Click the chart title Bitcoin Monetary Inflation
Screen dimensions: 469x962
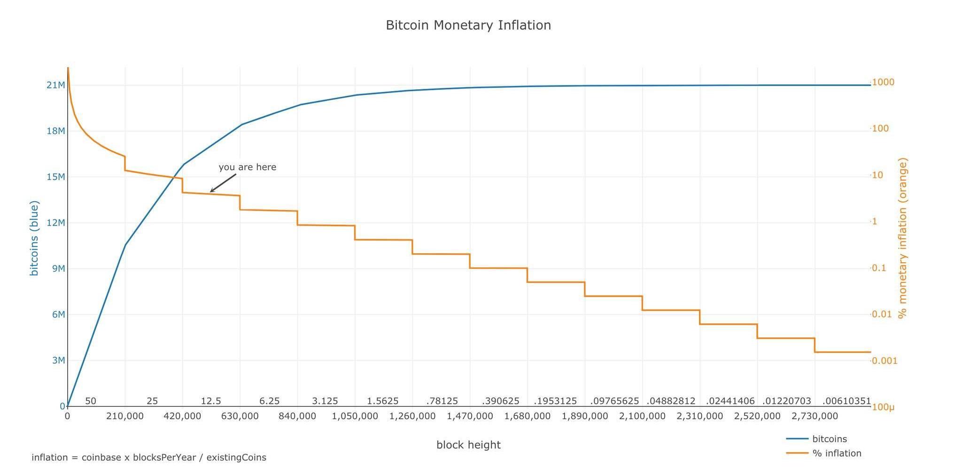468,25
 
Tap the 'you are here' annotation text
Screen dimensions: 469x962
248,167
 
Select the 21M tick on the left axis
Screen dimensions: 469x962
56,85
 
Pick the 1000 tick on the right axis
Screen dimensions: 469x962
883,82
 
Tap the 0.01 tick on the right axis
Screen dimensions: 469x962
882,314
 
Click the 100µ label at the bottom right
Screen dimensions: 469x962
883,407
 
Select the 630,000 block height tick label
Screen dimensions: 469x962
240,416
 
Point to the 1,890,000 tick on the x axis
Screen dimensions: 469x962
585,416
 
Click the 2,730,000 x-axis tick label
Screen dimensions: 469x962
815,416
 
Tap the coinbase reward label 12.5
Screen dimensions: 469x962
211,401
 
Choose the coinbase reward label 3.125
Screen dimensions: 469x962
325,401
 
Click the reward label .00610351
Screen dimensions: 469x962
846,401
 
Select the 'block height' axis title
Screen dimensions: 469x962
468,445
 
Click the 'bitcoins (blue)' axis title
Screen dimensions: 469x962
34,238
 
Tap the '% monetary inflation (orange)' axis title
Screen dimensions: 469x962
902,238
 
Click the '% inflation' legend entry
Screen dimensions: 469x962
837,453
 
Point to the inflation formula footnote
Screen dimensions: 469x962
149,458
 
